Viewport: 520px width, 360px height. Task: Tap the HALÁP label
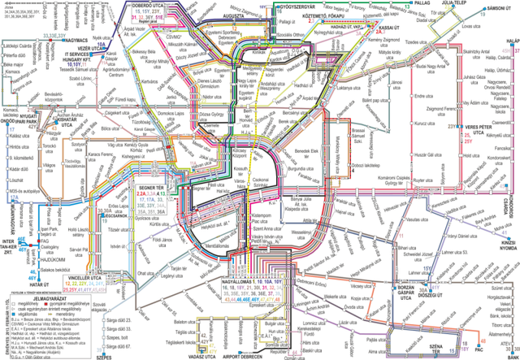pyautogui.click(x=511, y=38)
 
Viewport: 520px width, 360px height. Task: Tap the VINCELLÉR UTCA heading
pyautogui.click(x=85, y=277)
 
